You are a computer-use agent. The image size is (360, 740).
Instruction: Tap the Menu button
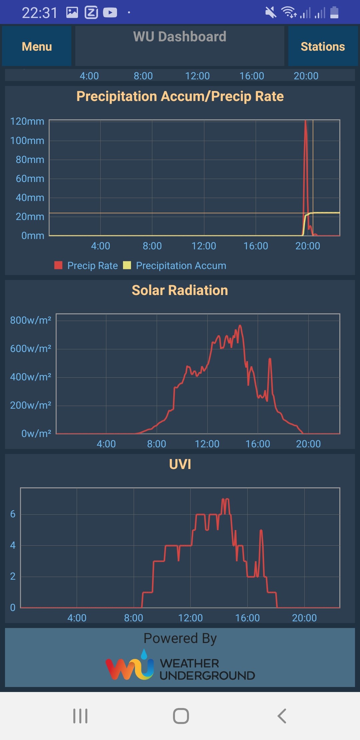(x=37, y=46)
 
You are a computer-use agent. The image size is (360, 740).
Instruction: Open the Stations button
(x=323, y=46)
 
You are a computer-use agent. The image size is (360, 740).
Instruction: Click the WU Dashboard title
(x=180, y=37)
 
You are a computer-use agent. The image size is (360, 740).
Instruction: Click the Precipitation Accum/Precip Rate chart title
(x=180, y=96)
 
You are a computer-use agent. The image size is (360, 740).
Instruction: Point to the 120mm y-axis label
(x=27, y=121)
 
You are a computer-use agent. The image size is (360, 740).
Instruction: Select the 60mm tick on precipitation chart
(x=30, y=179)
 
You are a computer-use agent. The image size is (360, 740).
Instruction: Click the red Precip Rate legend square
(x=58, y=265)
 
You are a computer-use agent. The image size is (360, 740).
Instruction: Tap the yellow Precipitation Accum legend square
(x=127, y=265)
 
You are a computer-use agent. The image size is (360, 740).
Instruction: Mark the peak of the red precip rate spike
(x=306, y=121)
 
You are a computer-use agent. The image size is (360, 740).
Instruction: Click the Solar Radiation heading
(x=180, y=290)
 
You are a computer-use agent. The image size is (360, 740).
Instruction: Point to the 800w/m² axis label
(x=31, y=320)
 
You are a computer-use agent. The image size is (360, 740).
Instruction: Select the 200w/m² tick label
(x=31, y=405)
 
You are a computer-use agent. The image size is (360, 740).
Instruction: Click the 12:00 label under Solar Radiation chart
(x=207, y=444)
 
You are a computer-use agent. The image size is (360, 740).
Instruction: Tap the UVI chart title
(x=180, y=464)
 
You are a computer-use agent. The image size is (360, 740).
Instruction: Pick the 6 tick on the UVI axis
(x=13, y=514)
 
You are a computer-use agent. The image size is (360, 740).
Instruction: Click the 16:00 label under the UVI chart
(x=247, y=618)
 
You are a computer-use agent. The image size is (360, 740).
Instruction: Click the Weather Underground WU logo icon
(x=130, y=665)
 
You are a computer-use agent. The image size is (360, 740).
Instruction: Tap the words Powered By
(x=180, y=639)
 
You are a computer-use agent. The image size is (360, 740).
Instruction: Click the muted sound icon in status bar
(x=271, y=13)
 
